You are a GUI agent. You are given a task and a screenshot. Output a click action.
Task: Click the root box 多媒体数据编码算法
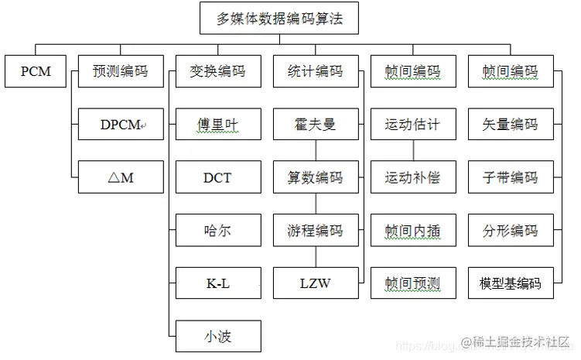[x=279, y=18]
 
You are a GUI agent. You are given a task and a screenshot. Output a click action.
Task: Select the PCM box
[x=36, y=71]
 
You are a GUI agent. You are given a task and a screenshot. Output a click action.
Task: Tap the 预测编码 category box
[x=121, y=71]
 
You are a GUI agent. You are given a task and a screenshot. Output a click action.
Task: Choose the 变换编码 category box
[x=217, y=71]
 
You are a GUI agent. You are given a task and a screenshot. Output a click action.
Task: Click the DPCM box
[x=121, y=124]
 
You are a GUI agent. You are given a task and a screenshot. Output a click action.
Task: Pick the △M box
[x=121, y=177]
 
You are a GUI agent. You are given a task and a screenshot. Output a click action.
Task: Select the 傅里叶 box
[x=217, y=124]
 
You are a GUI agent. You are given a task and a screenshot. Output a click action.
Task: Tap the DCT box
[x=217, y=177]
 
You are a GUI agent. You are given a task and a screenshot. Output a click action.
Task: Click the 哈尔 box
[x=217, y=231]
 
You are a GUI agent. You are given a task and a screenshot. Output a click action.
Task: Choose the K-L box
[x=217, y=283]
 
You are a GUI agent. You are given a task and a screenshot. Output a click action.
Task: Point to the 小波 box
[x=217, y=337]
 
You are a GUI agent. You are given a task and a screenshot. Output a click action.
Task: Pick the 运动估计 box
[x=412, y=124]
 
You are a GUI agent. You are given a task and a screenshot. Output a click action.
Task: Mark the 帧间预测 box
[x=412, y=283]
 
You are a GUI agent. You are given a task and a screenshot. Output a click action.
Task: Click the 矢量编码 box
[x=510, y=124]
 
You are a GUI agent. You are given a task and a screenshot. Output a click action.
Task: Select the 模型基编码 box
[x=510, y=283]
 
